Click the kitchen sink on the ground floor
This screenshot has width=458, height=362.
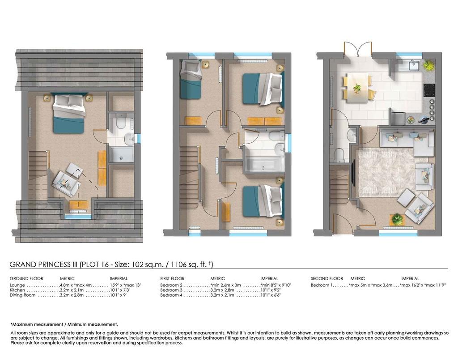(414, 65)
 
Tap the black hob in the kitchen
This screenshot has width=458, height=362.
(429, 90)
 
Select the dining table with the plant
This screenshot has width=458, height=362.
(357, 88)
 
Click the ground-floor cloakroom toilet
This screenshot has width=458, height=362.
(339, 155)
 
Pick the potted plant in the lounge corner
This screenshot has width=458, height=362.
(397, 219)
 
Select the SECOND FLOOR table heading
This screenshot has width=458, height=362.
(327, 278)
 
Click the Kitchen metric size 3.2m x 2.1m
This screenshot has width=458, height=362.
(72, 290)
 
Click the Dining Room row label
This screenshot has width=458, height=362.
(22, 295)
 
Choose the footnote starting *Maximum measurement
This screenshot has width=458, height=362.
(64, 324)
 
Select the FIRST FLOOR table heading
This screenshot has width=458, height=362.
(172, 278)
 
